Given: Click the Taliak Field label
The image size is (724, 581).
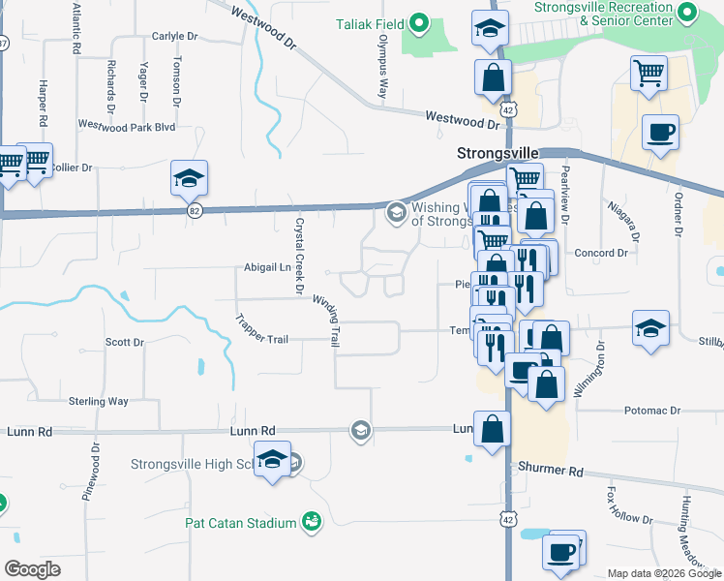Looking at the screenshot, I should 369,22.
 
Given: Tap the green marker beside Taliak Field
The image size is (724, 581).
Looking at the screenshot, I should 419,22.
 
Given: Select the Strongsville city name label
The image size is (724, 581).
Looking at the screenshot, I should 497,154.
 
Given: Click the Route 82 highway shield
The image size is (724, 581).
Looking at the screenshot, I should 195,212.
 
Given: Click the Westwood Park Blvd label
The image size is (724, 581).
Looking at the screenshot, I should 126,126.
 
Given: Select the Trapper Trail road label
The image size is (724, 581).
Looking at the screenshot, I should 263,328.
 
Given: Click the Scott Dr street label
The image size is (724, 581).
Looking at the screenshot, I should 124,342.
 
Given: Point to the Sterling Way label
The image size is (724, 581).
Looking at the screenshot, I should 98,401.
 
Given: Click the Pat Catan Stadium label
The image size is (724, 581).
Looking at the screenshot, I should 240,524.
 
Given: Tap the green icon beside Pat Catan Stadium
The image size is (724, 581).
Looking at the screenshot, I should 311,524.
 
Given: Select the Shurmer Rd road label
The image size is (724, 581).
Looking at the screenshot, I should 552,472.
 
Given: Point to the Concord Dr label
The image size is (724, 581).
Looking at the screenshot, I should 601,254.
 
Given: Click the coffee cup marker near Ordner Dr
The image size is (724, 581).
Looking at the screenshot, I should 660,133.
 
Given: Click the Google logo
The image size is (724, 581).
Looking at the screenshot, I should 32,569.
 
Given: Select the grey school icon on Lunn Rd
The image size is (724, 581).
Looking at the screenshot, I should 361,430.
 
